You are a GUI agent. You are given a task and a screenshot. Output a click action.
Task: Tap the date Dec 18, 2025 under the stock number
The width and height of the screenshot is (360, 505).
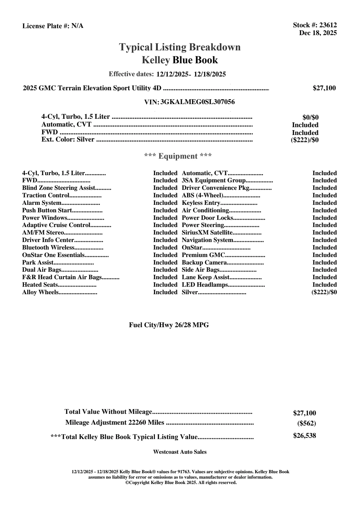point(318,33)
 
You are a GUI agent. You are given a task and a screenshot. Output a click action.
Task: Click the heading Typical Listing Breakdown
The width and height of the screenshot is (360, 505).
point(180,47)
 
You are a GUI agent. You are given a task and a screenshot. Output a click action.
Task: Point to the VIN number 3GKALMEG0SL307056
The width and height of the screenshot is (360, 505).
point(198,102)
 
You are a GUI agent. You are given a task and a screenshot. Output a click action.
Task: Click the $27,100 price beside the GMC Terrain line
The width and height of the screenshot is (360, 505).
point(324,88)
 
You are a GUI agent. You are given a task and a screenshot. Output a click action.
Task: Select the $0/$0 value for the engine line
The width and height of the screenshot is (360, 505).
point(310,118)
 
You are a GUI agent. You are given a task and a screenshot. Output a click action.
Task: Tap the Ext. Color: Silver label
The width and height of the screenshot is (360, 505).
point(68,139)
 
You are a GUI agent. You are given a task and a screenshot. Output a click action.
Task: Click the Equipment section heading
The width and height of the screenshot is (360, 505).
point(178,156)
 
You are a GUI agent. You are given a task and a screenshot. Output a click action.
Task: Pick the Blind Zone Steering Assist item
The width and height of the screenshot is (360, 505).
point(59,188)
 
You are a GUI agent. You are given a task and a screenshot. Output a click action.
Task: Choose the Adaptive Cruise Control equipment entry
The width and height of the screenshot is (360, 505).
point(56,225)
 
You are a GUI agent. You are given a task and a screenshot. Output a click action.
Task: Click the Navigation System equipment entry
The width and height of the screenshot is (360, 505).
point(207,240)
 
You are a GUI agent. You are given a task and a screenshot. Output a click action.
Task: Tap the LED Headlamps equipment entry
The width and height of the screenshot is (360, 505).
point(205,285)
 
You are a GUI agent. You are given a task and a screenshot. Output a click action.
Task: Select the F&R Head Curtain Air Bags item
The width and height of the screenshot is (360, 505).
point(62,277)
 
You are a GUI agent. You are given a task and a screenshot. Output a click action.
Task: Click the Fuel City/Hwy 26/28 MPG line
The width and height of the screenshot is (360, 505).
point(169,325)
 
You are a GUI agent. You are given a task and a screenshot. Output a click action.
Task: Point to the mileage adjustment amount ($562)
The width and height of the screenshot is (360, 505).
point(306,423)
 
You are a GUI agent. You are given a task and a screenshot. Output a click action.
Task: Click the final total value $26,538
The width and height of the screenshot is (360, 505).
point(304,436)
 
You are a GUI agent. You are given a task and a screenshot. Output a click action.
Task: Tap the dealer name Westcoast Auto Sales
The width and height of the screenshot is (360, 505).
point(180,452)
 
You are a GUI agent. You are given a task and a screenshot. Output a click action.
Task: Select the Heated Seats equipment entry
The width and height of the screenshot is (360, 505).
point(40,285)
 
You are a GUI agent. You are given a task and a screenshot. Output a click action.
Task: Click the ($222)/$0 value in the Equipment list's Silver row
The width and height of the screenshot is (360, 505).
point(324,292)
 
